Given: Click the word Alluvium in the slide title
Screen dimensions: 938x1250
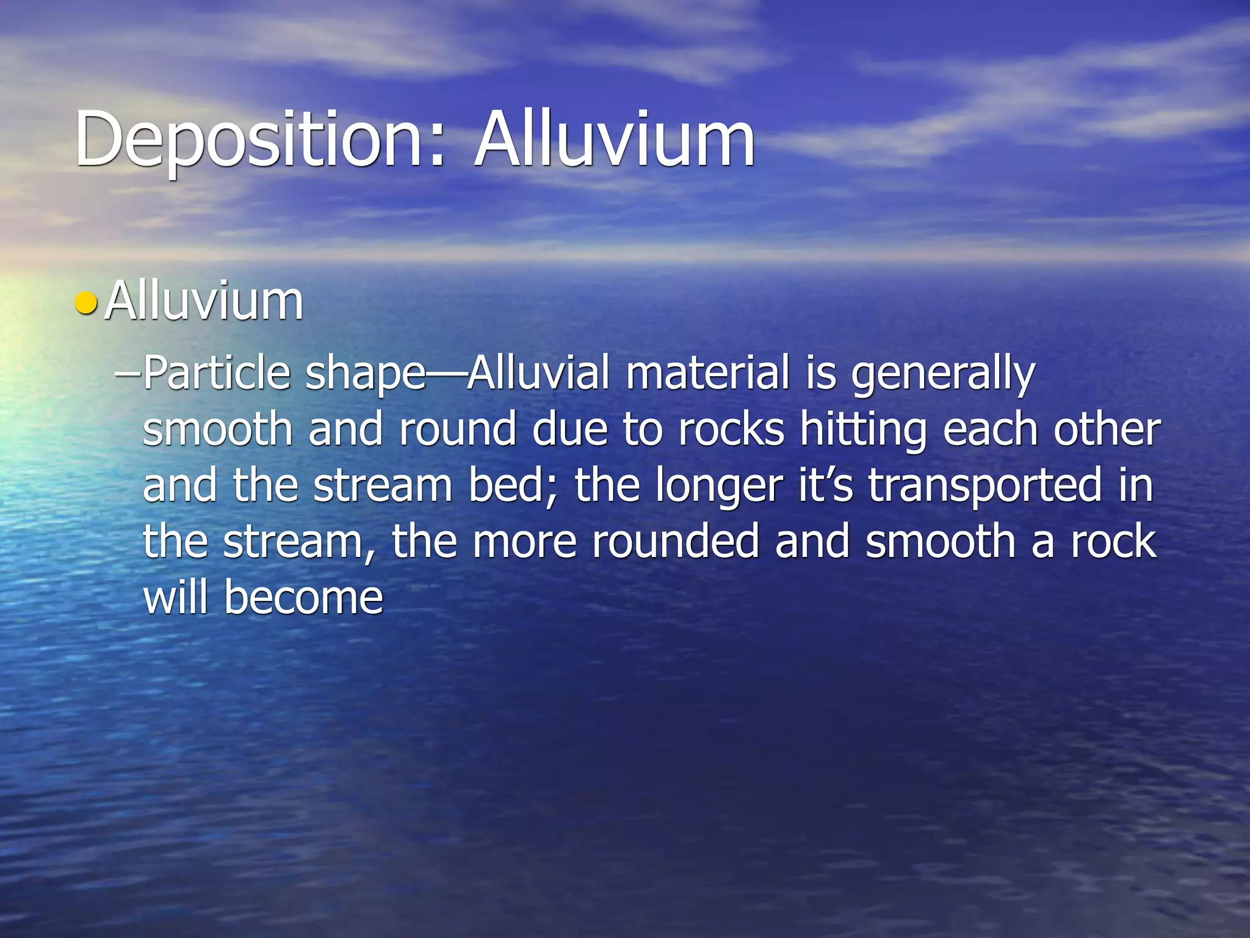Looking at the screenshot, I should pyautogui.click(x=615, y=139).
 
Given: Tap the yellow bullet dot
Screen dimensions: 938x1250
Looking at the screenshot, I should pyautogui.click(x=85, y=302).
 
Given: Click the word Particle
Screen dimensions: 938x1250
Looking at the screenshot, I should pyautogui.click(x=217, y=373).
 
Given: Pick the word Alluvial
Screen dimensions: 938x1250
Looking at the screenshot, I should pyautogui.click(x=538, y=373).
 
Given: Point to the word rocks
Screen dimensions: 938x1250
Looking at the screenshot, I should pyautogui.click(x=731, y=429).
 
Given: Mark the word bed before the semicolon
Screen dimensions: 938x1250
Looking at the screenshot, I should pyautogui.click(x=511, y=485).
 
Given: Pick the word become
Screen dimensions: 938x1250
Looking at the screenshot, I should pyautogui.click(x=303, y=597).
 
